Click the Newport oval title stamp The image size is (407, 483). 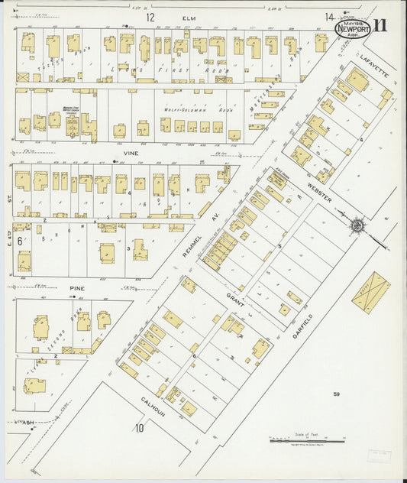(x=354, y=28)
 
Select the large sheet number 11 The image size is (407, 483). (x=380, y=24)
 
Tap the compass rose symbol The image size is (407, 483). (x=357, y=225)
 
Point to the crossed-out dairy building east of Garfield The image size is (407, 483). (x=371, y=291)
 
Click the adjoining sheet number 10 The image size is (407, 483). (x=140, y=428)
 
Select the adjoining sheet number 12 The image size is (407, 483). (x=150, y=17)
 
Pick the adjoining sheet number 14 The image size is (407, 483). (x=328, y=17)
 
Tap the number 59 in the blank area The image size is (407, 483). (x=335, y=394)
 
